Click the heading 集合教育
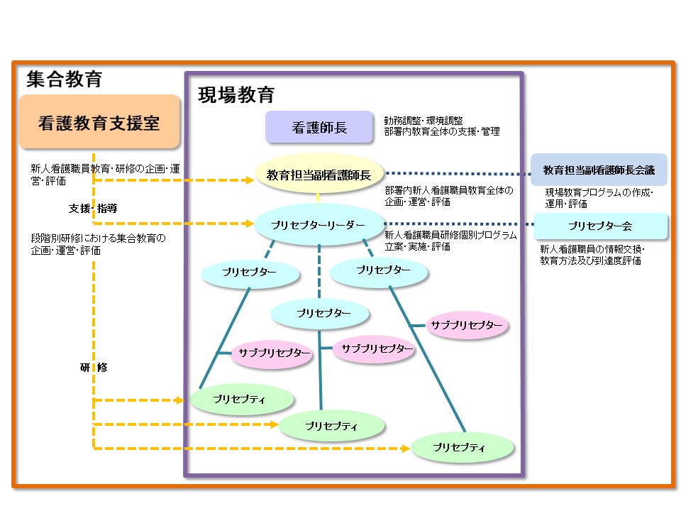pos(65,78)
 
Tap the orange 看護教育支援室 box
pos(99,123)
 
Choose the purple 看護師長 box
pos(319,128)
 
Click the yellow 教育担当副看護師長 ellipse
pos(319,174)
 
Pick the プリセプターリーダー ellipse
pos(319,224)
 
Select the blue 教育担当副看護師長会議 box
pos(599,170)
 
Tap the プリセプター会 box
pos(600,226)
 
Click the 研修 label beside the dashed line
pos(93,367)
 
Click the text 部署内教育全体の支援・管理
pos(442,131)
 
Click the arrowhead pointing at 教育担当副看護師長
pos(250,180)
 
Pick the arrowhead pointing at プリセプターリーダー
pos(250,224)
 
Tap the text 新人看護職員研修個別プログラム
pos(450,236)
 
